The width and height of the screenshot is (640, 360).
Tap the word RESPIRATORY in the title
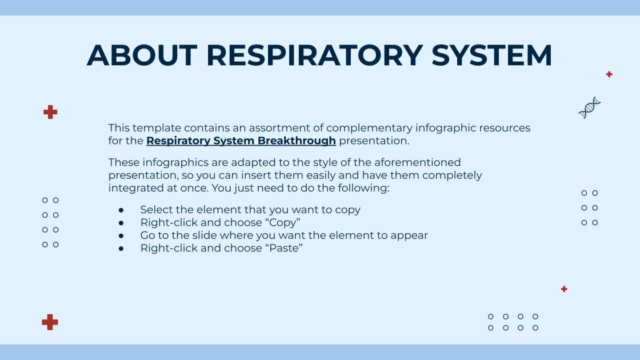pyautogui.click(x=314, y=55)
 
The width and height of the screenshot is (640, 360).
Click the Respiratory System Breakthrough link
pyautogui.click(x=241, y=141)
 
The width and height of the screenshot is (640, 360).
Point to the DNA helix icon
pyautogui.click(x=589, y=107)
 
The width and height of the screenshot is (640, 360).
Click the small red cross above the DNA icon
pyautogui.click(x=609, y=74)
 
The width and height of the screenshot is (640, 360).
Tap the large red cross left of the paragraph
pyautogui.click(x=50, y=112)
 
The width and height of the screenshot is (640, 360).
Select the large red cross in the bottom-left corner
pyautogui.click(x=50, y=322)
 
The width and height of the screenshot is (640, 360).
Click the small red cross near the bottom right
pyautogui.click(x=564, y=289)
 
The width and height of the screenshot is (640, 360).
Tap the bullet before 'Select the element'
pyautogui.click(x=121, y=210)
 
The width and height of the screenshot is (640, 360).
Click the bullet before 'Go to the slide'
pyautogui.click(x=121, y=236)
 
